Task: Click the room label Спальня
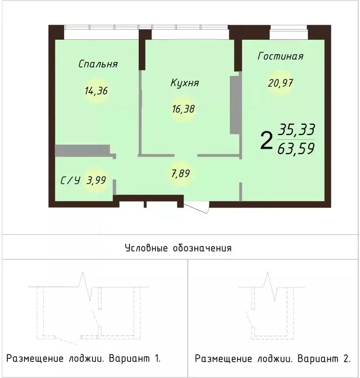(98, 64)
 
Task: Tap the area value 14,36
(96, 91)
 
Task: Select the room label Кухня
(184, 83)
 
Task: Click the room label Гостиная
(280, 56)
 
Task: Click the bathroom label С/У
(70, 181)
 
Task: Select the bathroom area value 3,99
(96, 180)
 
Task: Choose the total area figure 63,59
(296, 148)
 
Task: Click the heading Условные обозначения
(178, 248)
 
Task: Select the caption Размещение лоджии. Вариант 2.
(272, 358)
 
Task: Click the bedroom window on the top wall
(101, 28)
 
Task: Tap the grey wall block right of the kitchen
(235, 104)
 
